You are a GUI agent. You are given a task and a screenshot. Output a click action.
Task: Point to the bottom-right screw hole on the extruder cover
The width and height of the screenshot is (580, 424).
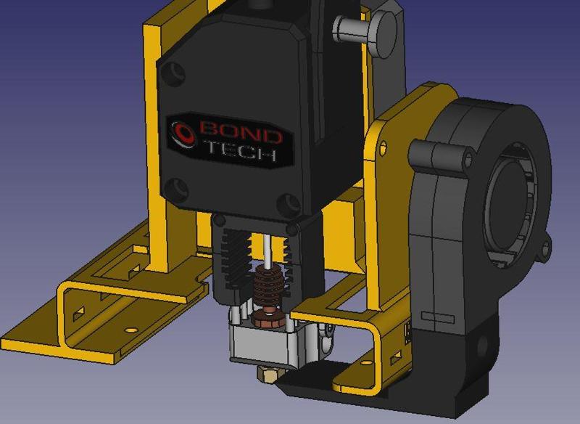(289, 201)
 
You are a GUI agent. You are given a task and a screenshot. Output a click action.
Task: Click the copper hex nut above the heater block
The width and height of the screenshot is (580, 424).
(268, 318)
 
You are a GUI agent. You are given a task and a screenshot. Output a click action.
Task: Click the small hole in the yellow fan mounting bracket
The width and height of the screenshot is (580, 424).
(382, 148)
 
